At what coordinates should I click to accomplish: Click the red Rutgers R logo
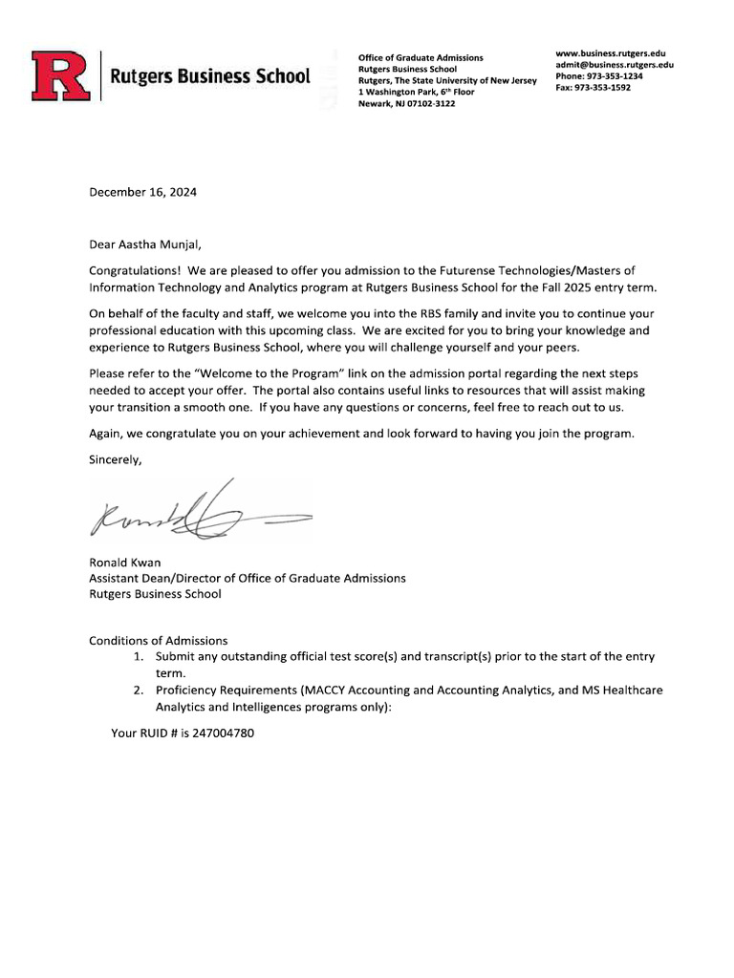tap(60, 75)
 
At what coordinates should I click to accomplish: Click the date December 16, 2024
tap(142, 192)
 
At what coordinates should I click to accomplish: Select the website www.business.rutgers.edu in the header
tap(610, 53)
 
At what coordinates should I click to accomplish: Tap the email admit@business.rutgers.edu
tap(615, 65)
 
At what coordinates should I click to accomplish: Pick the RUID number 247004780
tap(223, 733)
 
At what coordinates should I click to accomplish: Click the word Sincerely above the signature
tap(115, 459)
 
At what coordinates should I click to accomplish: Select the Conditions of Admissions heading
tap(159, 640)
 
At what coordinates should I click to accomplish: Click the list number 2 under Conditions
tap(139, 691)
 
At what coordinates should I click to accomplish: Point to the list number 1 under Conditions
tap(139, 657)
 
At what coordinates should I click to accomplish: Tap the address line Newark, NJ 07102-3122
tap(406, 104)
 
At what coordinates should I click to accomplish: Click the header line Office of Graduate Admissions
tap(421, 58)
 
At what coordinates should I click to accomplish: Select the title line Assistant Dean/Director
tap(247, 578)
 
